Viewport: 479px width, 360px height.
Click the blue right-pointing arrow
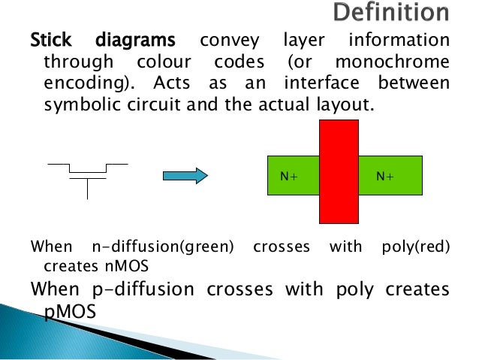[185, 176]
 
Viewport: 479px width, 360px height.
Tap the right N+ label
[386, 176]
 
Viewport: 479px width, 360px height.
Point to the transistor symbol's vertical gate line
[88, 189]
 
